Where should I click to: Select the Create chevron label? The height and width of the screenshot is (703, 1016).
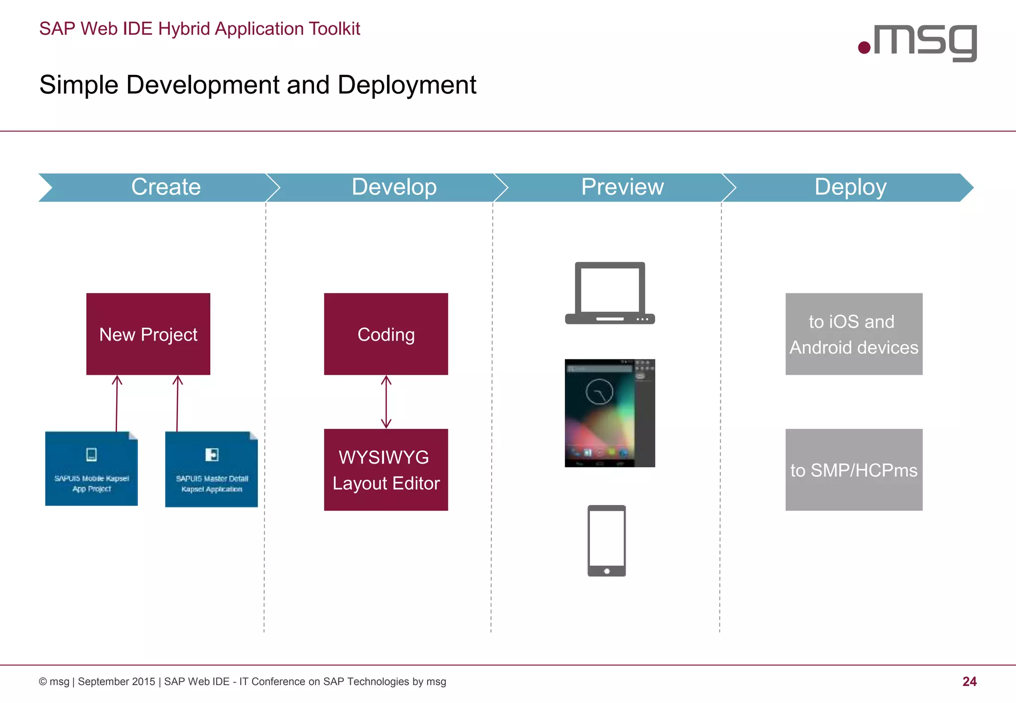166,187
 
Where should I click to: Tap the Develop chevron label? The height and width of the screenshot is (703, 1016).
394,187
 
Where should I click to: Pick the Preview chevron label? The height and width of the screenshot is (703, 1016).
622,187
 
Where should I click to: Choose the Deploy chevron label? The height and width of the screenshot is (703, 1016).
850,187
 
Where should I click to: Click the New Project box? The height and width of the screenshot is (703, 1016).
148,334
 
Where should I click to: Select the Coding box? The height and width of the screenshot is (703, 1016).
386,334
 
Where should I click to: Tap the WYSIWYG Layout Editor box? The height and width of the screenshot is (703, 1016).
386,469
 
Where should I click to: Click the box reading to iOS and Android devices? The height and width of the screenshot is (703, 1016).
854,334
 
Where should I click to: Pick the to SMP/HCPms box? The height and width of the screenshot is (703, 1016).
854,469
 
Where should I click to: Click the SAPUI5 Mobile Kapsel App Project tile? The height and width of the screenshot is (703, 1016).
91,469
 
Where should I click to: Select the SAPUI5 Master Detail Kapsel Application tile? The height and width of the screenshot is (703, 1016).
211,469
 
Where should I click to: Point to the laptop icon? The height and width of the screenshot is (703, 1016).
610,293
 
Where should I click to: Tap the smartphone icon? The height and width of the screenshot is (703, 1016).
606,540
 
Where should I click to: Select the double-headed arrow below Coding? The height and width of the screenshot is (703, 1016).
386,402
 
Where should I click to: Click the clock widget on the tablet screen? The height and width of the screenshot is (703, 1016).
599,392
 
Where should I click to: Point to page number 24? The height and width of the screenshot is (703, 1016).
969,682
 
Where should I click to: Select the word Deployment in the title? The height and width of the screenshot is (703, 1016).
407,85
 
